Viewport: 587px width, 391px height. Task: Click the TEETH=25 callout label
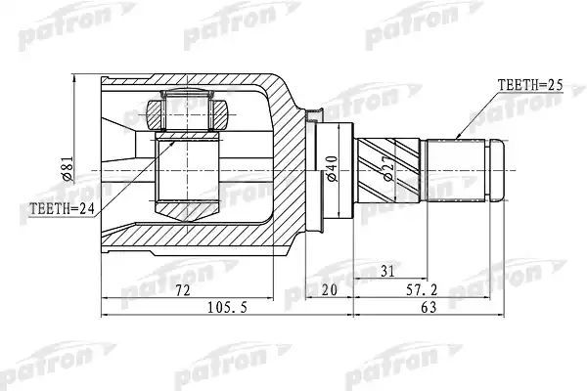530,85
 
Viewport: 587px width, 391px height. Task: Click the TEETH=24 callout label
62,208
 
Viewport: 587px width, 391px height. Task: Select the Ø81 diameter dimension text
68,168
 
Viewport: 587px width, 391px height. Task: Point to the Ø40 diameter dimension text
332,169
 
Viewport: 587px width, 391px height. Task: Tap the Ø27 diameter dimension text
388,168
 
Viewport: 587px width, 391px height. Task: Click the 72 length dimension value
183,290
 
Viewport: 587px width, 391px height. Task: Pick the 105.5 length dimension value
227,308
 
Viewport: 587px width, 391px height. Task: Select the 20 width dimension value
329,290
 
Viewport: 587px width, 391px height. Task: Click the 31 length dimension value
387,271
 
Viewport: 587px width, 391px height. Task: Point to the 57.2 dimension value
422,290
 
